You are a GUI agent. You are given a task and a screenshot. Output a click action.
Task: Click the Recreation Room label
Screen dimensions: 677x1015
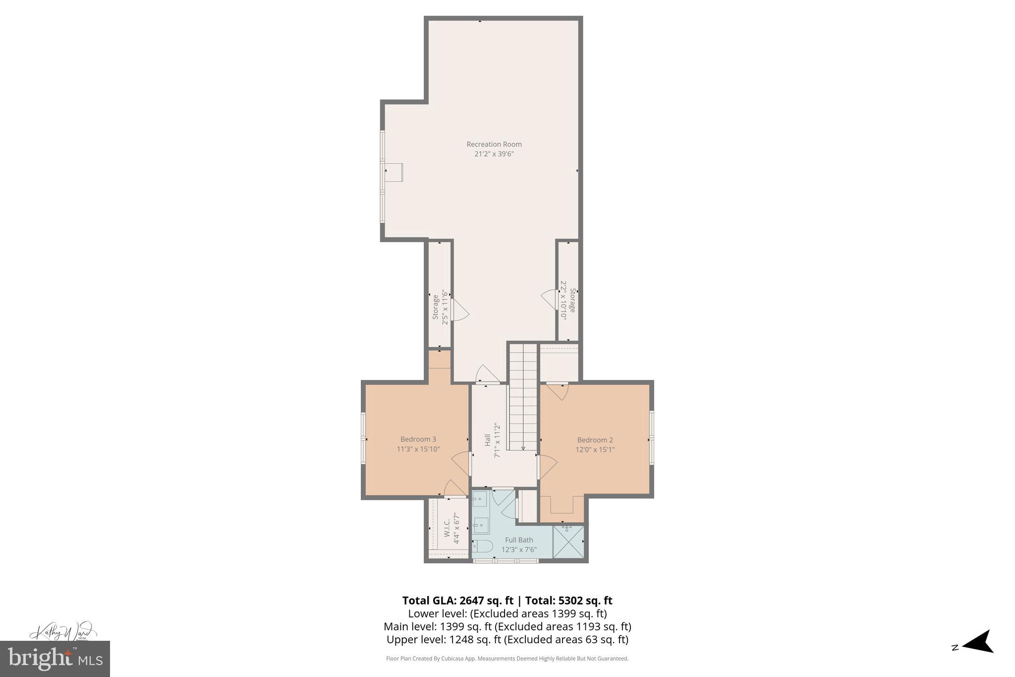[x=494, y=144]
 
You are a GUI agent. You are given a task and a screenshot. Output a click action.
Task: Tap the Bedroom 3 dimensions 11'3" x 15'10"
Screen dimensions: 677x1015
[x=418, y=449]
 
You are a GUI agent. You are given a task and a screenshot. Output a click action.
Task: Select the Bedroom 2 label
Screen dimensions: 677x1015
[x=595, y=440]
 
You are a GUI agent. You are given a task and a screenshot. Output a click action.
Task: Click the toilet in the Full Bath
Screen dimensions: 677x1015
[x=482, y=547]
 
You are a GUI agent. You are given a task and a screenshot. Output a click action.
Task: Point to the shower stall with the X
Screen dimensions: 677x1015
[x=568, y=542]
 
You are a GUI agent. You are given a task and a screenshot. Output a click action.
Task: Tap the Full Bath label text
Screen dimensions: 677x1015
[x=519, y=540]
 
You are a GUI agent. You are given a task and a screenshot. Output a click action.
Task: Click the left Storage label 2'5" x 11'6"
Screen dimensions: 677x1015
[x=440, y=308]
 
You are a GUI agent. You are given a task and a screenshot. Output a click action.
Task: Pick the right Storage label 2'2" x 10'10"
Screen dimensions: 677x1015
[x=568, y=300]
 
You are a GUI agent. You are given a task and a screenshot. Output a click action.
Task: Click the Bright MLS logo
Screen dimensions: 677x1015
[x=55, y=659]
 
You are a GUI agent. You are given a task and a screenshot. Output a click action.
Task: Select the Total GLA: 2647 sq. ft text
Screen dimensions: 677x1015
[x=457, y=601]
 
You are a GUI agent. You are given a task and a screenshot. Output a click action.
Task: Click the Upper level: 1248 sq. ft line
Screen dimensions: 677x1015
[x=507, y=639]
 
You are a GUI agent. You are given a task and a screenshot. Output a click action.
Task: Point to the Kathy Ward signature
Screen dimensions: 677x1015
[x=62, y=631]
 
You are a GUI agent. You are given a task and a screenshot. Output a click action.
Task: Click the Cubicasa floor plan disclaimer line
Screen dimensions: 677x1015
[x=507, y=659]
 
